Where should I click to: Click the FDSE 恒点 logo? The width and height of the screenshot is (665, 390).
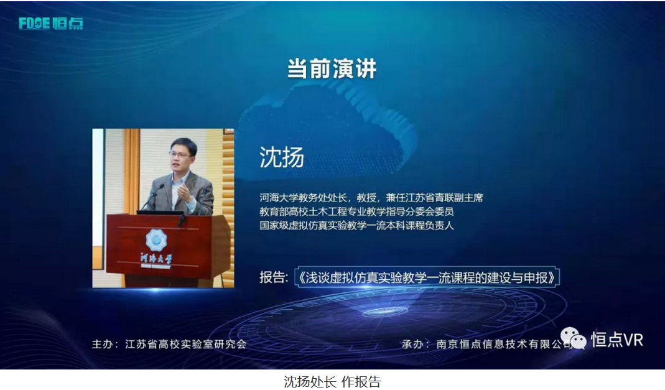click(51, 23)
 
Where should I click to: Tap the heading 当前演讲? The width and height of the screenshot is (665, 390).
click(332, 68)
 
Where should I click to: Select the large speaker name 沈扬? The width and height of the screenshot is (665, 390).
click(282, 157)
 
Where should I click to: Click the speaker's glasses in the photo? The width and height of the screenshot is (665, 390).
click(180, 154)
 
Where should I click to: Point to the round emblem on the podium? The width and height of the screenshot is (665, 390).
click(156, 239)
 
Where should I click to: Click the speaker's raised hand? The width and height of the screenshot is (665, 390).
click(184, 192)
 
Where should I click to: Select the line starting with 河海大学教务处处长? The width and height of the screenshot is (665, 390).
click(371, 198)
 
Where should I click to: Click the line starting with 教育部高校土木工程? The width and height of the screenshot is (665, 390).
click(356, 211)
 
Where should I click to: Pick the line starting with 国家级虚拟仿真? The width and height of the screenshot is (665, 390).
click(356, 226)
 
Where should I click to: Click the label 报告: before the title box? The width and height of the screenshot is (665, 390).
click(274, 277)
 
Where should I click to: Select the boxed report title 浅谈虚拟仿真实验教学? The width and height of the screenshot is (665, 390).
click(427, 277)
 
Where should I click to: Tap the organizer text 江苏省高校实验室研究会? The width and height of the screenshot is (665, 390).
click(186, 344)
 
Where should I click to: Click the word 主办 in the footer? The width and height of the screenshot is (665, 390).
click(102, 344)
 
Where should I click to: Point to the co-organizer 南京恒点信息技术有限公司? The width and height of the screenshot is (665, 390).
click(505, 344)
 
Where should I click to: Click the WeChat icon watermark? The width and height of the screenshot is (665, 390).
click(574, 339)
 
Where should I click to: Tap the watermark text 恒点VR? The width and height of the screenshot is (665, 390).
click(617, 340)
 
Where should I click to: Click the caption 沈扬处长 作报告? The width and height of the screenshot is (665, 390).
click(332, 381)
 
